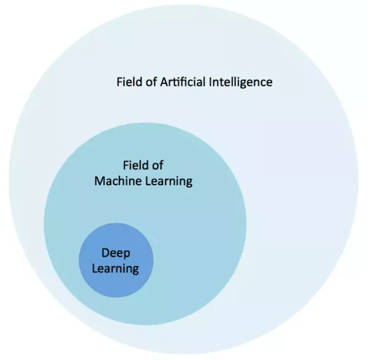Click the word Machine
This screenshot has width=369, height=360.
116,182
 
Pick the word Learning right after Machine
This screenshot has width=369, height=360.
166,182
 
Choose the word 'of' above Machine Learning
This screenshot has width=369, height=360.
157,165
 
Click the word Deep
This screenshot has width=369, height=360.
116,253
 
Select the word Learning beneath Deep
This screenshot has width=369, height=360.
116,269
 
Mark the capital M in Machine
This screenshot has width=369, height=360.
99,182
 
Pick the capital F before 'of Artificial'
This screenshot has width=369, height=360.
120,82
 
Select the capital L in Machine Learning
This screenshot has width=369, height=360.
146,182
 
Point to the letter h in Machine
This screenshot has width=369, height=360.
120,182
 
